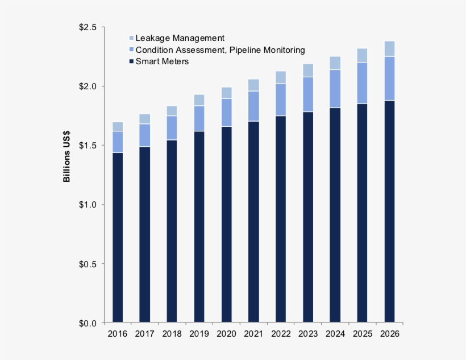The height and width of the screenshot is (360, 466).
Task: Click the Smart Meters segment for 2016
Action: tap(118, 237)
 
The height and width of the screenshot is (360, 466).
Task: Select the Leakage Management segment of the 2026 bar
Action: tap(389, 49)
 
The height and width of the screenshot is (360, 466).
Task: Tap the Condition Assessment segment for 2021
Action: tap(253, 106)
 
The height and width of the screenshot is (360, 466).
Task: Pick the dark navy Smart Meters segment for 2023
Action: tap(308, 217)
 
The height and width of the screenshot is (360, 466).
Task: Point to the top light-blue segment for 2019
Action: tap(199, 100)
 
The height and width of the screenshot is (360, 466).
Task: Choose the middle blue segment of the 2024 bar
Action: tap(335, 89)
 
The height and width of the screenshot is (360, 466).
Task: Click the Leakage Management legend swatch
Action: tap(132, 38)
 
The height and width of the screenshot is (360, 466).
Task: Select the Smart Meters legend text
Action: tap(162, 61)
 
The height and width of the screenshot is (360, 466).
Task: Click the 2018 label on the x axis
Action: tap(172, 334)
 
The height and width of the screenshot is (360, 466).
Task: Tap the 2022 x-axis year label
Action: tap(281, 334)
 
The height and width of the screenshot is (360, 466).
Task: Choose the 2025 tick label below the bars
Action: tap(362, 334)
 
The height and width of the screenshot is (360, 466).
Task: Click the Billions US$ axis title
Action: tap(67, 159)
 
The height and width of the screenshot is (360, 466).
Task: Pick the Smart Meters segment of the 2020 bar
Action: tap(226, 225)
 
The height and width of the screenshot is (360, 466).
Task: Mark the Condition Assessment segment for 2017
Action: tap(145, 135)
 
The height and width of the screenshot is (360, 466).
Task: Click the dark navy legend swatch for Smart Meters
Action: tap(132, 61)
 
